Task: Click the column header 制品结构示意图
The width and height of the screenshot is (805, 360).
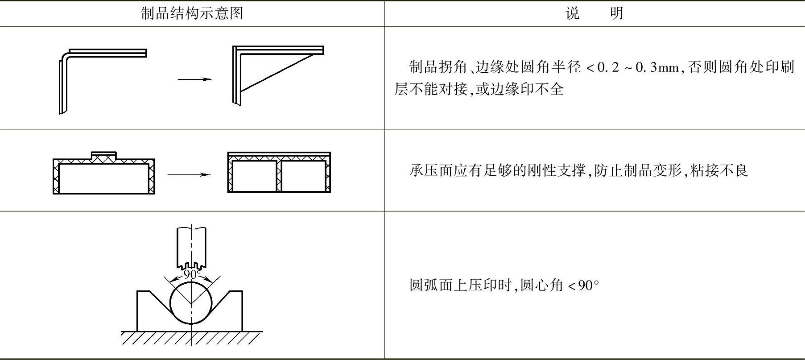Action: tap(192, 13)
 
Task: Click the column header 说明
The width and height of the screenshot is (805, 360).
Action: tap(594, 13)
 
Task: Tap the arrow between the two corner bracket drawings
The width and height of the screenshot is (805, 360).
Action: tap(194, 79)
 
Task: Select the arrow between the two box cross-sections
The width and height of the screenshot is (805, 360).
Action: tap(189, 174)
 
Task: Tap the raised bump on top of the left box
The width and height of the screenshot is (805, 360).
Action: tap(103, 156)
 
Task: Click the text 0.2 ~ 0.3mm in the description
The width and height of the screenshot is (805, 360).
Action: tap(638, 68)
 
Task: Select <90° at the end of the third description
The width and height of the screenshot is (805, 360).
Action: tap(583, 285)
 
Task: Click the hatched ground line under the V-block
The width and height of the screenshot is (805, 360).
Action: tap(192, 337)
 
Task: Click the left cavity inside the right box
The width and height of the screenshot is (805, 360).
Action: tap(254, 176)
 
